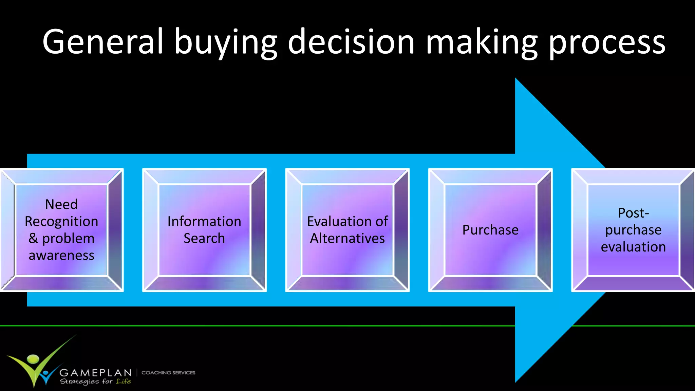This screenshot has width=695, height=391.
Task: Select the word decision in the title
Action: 351,42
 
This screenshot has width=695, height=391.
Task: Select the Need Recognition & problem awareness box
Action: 61,230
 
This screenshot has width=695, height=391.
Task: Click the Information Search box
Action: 204,230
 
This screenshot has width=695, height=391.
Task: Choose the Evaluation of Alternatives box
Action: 347,230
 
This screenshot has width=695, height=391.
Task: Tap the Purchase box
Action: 490,230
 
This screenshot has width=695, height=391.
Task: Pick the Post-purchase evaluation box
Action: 633,230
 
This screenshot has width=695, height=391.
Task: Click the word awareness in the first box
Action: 61,255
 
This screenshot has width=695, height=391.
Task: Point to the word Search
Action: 204,238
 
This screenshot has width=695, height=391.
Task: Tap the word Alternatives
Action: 347,238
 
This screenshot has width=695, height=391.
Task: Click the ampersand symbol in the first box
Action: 33,238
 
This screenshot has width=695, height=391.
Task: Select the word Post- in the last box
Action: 633,213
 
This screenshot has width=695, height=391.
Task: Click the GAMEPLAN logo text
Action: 95,373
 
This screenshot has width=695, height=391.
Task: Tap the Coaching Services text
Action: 168,373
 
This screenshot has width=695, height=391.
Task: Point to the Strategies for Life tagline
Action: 95,381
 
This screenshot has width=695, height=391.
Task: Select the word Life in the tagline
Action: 124,381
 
